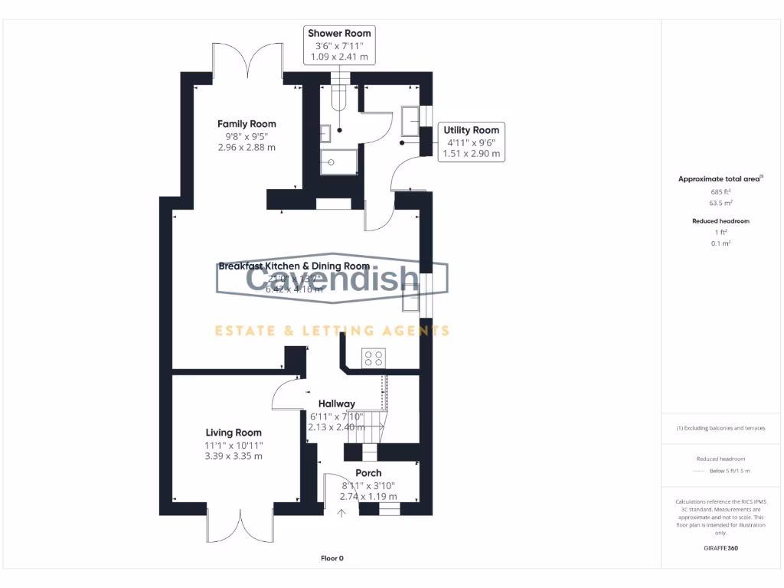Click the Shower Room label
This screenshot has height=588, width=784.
pos(339,33)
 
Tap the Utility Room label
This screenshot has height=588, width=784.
pos(472,130)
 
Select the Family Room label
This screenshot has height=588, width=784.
pos(247,124)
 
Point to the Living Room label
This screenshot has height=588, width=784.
pos(234,433)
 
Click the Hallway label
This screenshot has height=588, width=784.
pos(337,403)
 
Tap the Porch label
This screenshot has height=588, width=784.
pos(368,472)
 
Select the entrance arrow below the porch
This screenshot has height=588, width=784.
pos(341,513)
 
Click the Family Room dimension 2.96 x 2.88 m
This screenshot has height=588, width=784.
pos(247,147)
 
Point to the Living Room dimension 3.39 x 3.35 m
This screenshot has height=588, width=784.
pos(234,456)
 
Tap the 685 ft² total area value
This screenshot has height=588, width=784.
pos(721,191)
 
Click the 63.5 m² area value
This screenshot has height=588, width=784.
pos(721,204)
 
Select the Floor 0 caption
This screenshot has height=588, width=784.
pos(332,558)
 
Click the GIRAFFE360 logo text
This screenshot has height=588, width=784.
pos(721,548)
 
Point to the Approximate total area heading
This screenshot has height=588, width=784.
pos(720,179)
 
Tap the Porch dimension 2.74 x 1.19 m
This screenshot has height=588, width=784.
pos(368,496)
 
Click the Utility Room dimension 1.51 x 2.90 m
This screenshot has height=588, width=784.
pos(472,153)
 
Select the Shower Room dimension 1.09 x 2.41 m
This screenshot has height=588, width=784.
pos(339,57)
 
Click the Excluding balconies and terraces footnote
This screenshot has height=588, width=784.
pos(721,428)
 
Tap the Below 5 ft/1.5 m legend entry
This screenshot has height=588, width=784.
pos(730,471)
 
